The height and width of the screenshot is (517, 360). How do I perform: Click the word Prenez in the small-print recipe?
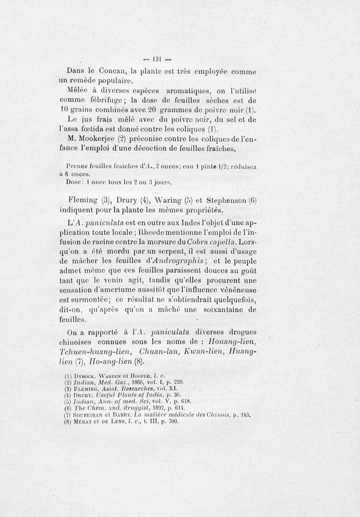77,166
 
